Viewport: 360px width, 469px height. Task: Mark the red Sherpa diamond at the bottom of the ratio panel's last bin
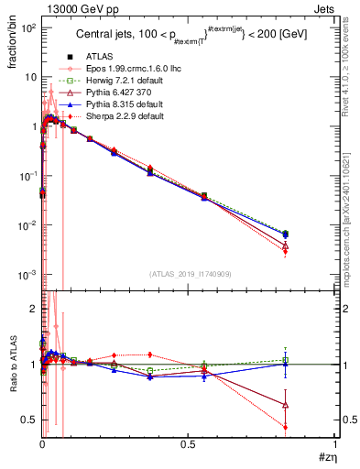coord(286,427)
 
